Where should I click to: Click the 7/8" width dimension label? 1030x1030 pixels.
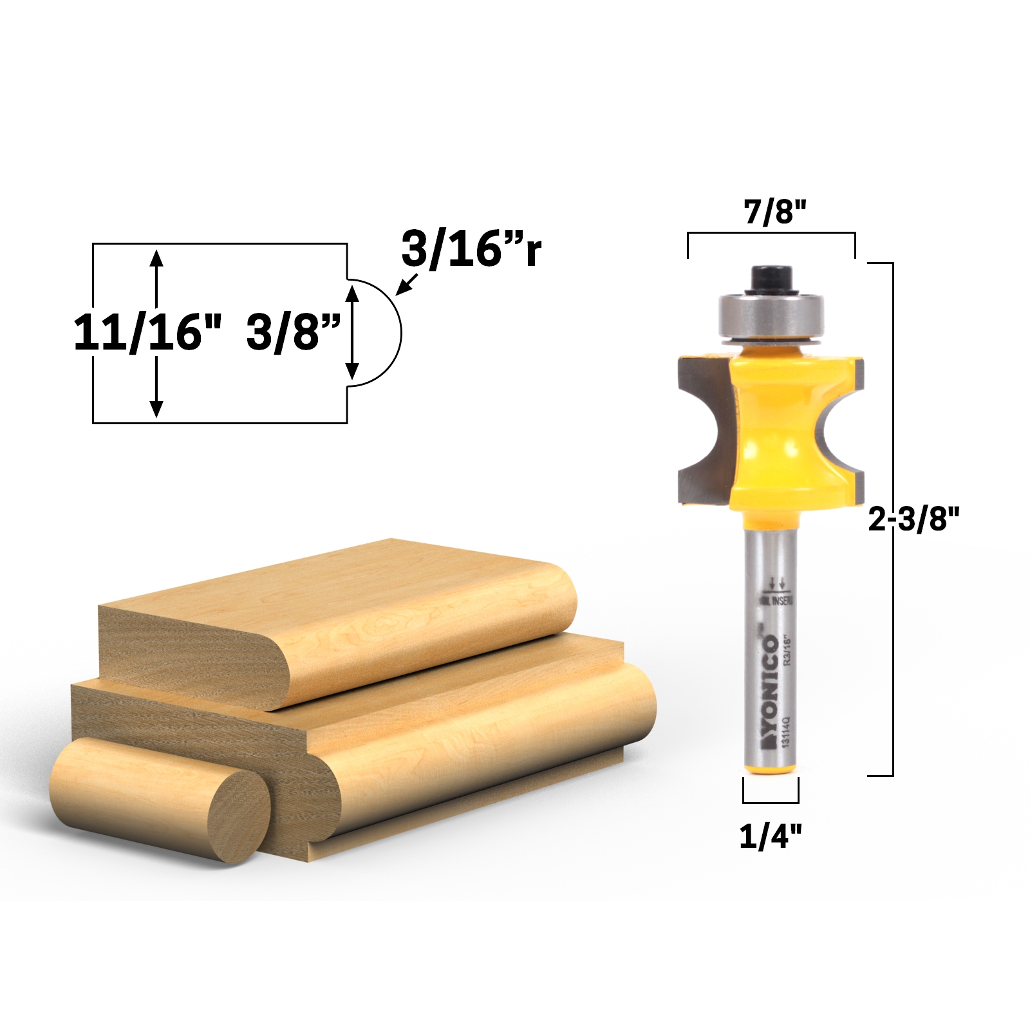774,212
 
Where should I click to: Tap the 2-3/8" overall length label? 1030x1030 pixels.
913,518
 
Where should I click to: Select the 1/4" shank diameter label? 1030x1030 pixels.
771,836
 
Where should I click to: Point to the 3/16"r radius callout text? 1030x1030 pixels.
471,249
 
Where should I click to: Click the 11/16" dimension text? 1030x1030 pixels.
147,333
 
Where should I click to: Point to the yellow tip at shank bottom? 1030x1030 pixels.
771,768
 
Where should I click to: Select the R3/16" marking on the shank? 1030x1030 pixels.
787,650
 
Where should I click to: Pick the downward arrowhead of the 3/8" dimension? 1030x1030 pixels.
352,371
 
